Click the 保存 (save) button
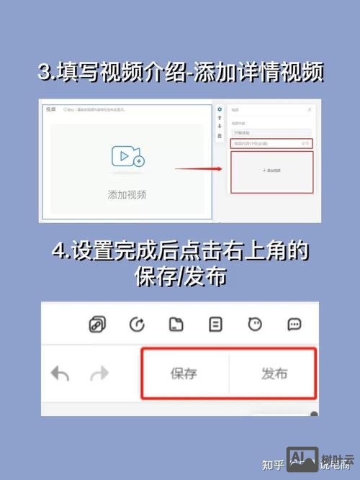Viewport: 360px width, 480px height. coord(184,374)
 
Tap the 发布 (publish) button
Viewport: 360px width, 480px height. coord(274,374)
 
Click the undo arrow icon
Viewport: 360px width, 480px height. coord(60,373)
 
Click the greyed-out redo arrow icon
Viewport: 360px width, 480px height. coord(99,373)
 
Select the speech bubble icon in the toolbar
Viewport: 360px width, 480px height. coord(294,325)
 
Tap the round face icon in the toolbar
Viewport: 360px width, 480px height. coord(254,325)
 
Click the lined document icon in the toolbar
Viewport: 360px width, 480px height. coord(215,325)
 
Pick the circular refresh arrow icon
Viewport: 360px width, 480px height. coord(136,325)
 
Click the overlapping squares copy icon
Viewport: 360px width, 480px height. coord(96,325)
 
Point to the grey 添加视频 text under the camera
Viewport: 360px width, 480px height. coord(127,194)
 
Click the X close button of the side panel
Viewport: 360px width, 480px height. coord(310,109)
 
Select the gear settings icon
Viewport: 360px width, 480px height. coord(220,109)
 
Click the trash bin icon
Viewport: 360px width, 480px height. coord(220,135)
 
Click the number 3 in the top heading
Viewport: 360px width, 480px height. coord(45,73)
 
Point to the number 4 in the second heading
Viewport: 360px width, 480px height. coord(60,253)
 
